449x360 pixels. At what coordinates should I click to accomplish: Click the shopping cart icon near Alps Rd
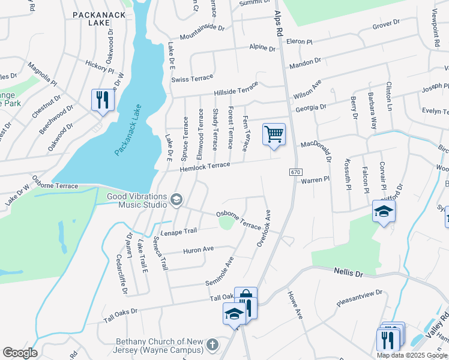(274, 134)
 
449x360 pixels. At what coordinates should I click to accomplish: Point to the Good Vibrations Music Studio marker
(176, 199)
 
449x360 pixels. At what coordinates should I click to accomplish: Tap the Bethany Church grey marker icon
(211, 345)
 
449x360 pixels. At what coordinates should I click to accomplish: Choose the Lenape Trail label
(178, 231)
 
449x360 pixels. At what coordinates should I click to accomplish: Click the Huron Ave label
(199, 248)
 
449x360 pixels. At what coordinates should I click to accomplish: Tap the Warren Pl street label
(315, 179)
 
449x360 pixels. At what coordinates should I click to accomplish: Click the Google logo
(20, 353)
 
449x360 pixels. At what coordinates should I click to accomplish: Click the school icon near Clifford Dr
(384, 212)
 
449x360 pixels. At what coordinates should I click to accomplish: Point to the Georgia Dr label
(311, 107)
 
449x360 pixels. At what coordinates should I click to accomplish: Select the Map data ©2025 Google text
(411, 355)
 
